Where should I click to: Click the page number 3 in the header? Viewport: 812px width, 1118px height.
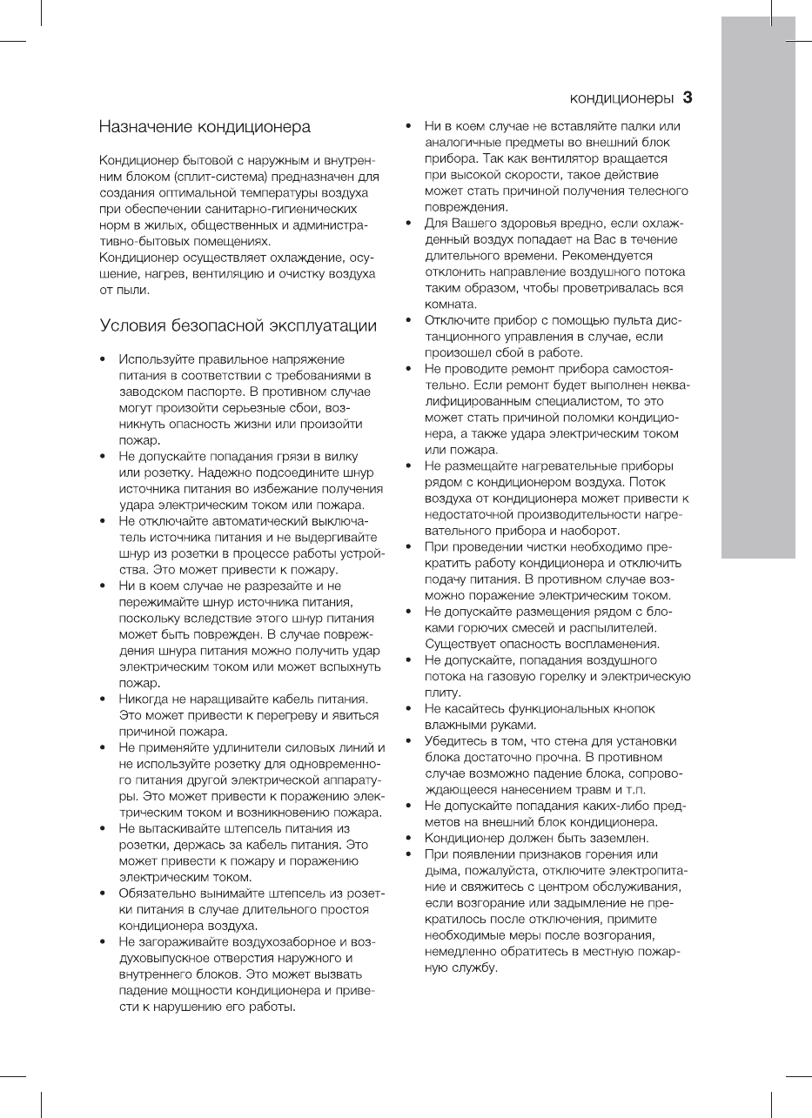(687, 97)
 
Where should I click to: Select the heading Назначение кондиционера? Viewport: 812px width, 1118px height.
(205, 128)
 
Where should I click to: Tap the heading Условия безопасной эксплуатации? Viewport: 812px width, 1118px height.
(238, 326)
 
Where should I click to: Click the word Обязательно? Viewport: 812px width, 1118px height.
(158, 894)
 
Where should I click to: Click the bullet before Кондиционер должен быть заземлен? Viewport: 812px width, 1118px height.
(408, 838)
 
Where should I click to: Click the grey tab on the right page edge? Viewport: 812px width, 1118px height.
(758, 296)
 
